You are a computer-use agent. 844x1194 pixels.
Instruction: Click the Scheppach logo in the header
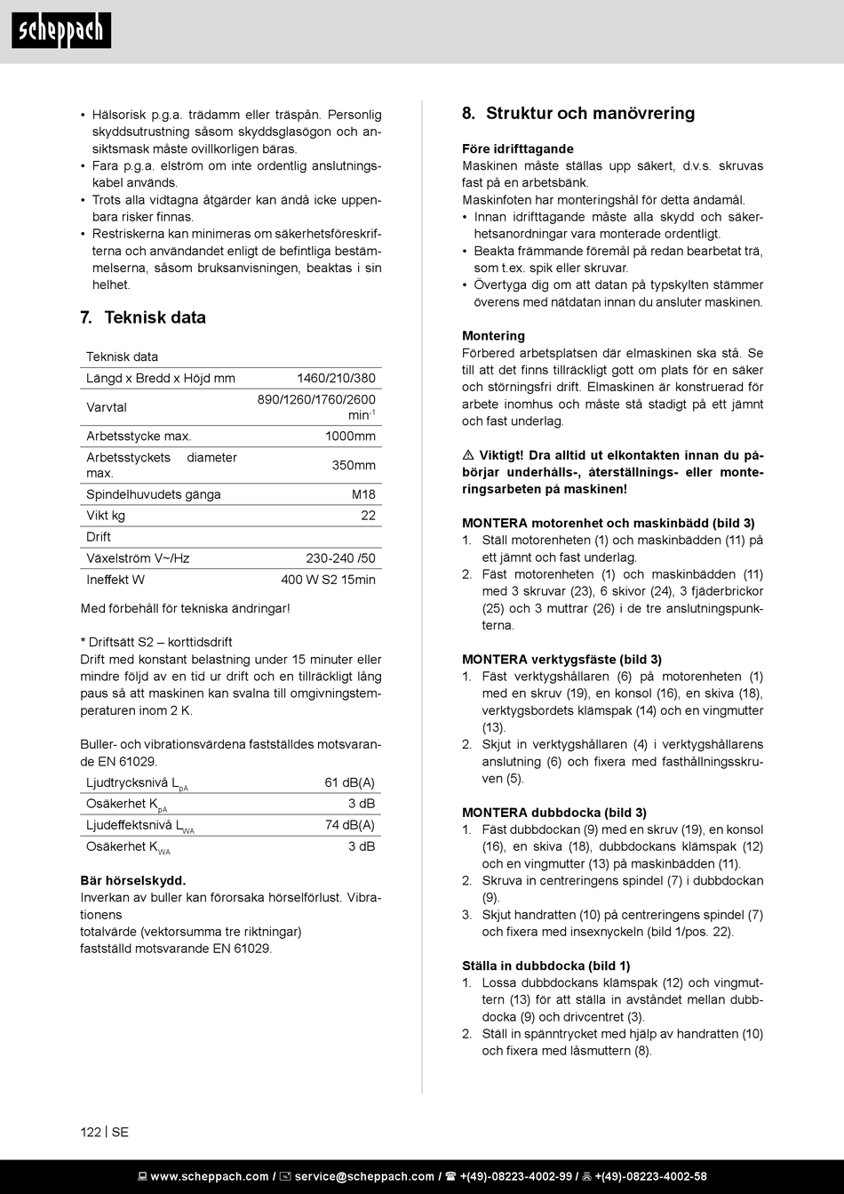click(61, 31)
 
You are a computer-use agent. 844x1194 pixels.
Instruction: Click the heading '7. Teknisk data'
click(143, 317)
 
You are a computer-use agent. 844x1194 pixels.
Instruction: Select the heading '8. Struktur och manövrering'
click(578, 113)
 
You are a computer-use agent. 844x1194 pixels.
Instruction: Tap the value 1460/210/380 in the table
click(336, 378)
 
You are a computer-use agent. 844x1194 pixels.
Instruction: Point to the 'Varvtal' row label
click(107, 407)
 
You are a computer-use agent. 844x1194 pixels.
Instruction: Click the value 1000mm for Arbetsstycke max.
click(350, 436)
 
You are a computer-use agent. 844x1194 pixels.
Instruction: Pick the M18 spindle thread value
click(363, 494)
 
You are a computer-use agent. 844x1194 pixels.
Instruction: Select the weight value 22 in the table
click(368, 516)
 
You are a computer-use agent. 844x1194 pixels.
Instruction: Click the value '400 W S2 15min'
click(328, 580)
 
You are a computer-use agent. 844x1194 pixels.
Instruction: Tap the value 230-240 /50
click(340, 558)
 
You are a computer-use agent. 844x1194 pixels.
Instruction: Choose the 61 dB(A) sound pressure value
click(349, 782)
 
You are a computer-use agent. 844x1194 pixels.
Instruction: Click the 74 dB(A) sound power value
click(349, 825)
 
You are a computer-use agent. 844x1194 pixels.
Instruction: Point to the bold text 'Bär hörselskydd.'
click(133, 880)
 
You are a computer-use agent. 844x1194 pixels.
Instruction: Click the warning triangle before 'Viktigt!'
click(468, 455)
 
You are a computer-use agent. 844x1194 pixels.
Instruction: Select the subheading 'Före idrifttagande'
click(518, 148)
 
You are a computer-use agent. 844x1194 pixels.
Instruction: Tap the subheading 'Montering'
click(493, 335)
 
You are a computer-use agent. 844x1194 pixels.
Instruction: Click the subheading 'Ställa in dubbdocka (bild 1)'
click(545, 966)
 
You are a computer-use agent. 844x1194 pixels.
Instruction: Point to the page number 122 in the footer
click(91, 1132)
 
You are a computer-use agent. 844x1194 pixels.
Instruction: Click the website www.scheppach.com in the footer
click(209, 1176)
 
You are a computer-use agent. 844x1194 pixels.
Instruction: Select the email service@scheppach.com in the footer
click(364, 1176)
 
